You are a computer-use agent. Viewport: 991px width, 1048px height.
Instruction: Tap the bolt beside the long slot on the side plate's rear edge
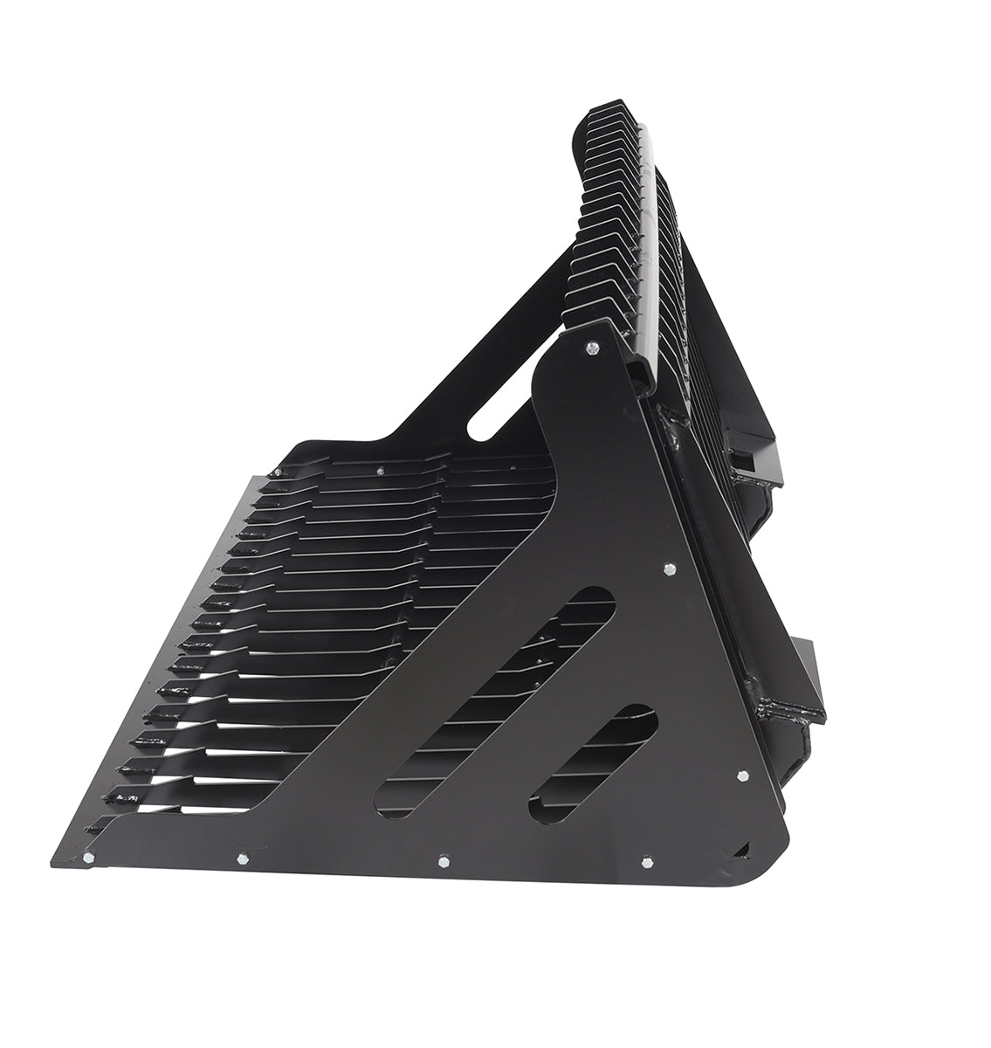[x=668, y=569]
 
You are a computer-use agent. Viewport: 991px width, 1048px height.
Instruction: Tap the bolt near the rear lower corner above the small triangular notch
[x=742, y=775]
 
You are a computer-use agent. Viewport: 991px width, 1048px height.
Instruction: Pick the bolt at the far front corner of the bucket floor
[x=276, y=472]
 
